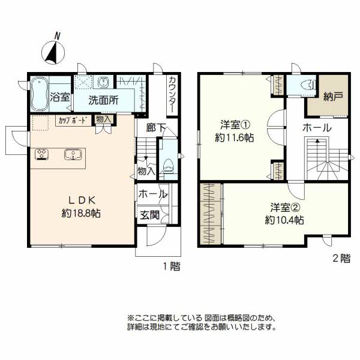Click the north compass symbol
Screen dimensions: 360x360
click(x=53, y=52)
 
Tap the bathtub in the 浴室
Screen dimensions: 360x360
click(x=40, y=94)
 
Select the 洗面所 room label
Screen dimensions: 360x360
click(x=103, y=101)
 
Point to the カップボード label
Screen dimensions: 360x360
click(x=73, y=121)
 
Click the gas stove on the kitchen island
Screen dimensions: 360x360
click(x=42, y=154)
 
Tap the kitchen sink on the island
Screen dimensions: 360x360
click(x=73, y=154)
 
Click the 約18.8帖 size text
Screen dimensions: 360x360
click(x=81, y=214)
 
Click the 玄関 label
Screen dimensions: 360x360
click(x=149, y=215)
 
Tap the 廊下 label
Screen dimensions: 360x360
click(x=156, y=128)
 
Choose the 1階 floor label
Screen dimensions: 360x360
click(x=171, y=266)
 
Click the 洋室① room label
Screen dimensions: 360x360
click(x=235, y=125)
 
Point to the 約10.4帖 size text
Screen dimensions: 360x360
click(x=284, y=220)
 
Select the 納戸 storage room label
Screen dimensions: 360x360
click(x=333, y=97)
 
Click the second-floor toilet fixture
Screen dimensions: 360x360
click(x=308, y=85)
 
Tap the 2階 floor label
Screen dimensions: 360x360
click(x=341, y=259)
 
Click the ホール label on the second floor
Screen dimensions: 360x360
click(x=317, y=128)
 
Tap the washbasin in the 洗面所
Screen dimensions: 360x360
click(x=103, y=82)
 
